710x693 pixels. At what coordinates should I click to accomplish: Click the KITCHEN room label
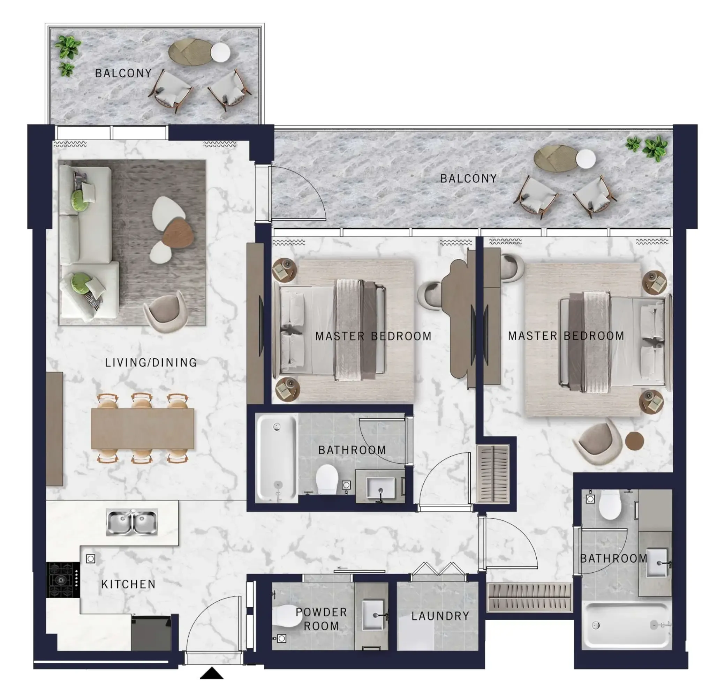(x=128, y=584)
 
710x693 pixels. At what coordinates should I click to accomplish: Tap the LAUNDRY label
(x=440, y=616)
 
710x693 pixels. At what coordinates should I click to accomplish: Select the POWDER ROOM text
(x=321, y=619)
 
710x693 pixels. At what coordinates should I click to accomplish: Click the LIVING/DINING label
(x=151, y=363)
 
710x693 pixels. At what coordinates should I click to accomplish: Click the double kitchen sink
(x=132, y=522)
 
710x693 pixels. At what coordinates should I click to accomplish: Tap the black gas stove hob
(x=63, y=579)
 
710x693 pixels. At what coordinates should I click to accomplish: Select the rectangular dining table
(x=142, y=428)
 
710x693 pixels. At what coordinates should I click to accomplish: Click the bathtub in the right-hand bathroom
(x=626, y=625)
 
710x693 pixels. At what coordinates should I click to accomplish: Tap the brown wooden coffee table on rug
(x=178, y=232)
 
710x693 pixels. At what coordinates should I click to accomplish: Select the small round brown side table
(x=634, y=440)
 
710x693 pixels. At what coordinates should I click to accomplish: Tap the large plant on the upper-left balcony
(x=68, y=47)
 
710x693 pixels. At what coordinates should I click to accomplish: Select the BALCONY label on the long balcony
(x=468, y=178)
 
